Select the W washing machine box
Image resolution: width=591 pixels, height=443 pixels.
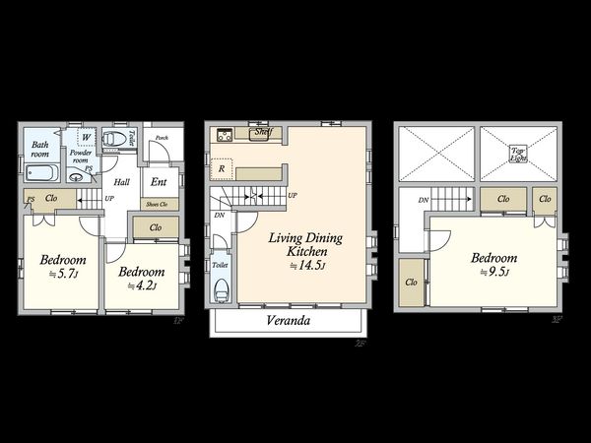click(87, 137)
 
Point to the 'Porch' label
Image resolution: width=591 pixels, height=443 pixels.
click(162, 139)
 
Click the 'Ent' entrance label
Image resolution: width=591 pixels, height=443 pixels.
click(158, 181)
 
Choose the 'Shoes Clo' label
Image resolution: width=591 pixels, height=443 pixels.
click(158, 205)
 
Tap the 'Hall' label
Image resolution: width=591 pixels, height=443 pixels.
click(121, 182)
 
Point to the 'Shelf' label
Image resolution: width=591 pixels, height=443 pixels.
click(262, 131)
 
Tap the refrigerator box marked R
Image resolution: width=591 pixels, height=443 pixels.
click(223, 168)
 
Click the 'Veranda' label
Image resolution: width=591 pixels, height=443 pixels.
click(289, 321)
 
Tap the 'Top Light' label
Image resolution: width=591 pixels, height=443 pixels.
click(517, 153)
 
